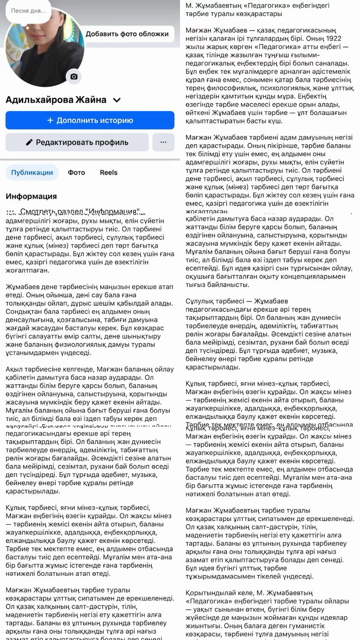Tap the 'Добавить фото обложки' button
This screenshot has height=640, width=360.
tap(127, 34)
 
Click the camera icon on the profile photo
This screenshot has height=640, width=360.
tap(74, 76)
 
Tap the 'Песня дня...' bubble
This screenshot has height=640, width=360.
tap(28, 11)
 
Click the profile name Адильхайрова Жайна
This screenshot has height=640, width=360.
tap(56, 100)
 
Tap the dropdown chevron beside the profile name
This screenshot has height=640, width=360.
tap(117, 100)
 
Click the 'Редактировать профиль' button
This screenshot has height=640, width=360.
tap(77, 142)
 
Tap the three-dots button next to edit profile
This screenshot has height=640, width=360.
tap(163, 142)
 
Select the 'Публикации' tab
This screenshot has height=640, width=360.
tap(32, 172)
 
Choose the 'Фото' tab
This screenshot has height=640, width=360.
tap(76, 172)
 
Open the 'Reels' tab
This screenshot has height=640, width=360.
tap(108, 172)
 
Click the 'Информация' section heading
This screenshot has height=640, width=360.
tap(31, 196)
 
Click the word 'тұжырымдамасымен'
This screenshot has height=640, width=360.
tap(218, 576)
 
